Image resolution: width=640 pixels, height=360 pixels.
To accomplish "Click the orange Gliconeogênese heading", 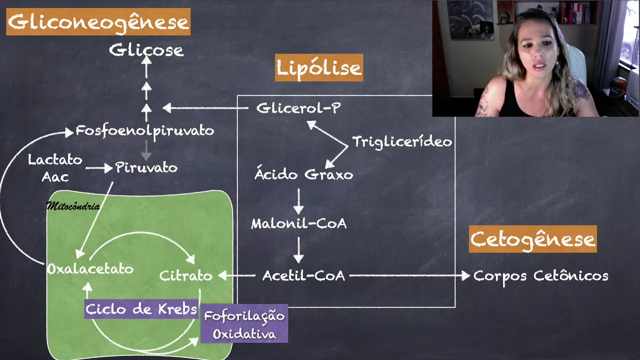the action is (98, 22).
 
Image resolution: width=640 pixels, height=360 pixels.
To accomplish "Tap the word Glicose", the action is (146, 50).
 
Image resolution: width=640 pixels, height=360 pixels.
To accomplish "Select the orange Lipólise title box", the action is (319, 68).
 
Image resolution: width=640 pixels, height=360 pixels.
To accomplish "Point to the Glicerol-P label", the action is (298, 108).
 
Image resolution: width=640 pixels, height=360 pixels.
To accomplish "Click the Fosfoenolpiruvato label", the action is (144, 131).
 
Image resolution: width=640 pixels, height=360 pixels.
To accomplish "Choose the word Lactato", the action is (55, 160).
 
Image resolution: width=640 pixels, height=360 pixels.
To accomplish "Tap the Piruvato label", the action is (146, 167).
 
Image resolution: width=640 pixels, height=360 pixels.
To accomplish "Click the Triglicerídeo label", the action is (402, 142).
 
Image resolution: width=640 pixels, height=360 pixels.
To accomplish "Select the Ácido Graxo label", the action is (303, 174).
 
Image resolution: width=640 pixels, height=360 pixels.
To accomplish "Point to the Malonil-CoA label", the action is (298, 223).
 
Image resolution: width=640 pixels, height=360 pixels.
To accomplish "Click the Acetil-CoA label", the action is (303, 275).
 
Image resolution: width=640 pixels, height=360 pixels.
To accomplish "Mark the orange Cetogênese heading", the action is (532, 239).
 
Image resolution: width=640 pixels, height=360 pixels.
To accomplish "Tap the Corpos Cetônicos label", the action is (540, 275).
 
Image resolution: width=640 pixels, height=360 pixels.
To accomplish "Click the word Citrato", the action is (185, 275).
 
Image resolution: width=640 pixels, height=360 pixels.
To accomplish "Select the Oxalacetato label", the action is (90, 269).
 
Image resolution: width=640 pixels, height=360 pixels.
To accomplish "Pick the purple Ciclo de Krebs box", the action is (141, 309).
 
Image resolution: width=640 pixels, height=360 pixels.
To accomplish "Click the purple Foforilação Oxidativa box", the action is (244, 324).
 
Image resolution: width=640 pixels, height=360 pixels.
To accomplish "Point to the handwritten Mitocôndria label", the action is (73, 206).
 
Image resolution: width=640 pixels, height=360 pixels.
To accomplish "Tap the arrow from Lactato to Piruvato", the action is (99, 168).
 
